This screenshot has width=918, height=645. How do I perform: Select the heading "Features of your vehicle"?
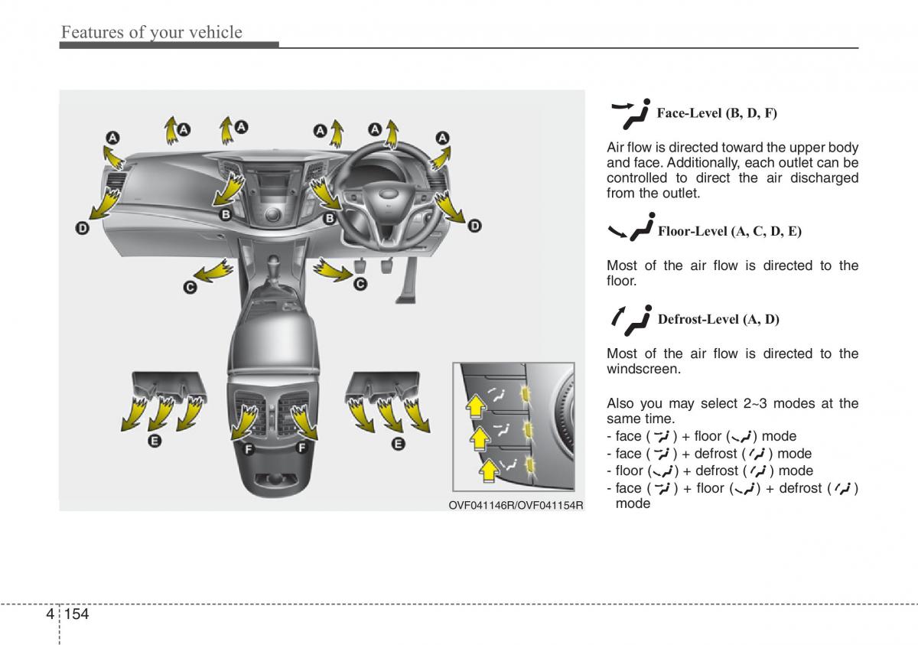151,32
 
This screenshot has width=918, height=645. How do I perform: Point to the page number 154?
78,614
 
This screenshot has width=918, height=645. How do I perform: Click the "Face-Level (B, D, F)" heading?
717,113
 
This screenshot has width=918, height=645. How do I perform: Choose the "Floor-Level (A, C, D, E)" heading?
729,230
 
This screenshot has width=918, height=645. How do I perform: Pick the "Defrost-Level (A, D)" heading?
718,319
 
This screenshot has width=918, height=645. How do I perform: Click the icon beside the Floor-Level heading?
631,229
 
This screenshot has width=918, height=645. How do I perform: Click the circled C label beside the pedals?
360,284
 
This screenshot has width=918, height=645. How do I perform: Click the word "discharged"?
825,178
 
